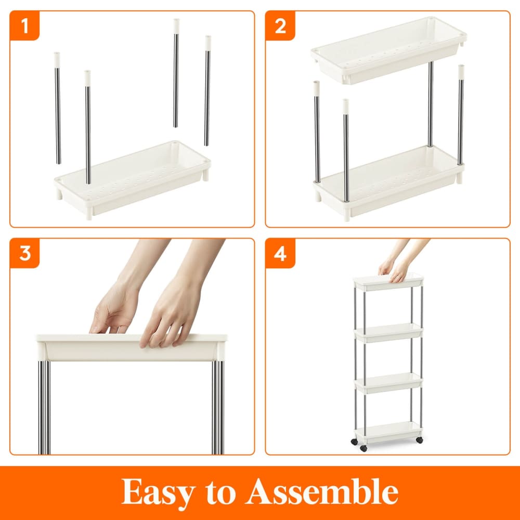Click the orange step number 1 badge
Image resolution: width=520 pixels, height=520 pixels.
pyautogui.click(x=24, y=25)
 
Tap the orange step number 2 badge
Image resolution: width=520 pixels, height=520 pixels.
pyautogui.click(x=280, y=25)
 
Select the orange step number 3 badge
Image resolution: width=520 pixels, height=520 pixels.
pyautogui.click(x=24, y=253)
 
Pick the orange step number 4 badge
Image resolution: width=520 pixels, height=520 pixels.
pyautogui.click(x=280, y=253)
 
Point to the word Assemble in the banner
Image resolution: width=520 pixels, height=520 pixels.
pyautogui.click(x=322, y=491)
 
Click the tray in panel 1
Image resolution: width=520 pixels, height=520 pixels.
pyautogui.click(x=133, y=179)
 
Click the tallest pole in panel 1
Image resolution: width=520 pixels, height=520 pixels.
pyautogui.click(x=176, y=73)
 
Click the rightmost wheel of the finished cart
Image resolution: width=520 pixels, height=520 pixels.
pyautogui.click(x=419, y=440)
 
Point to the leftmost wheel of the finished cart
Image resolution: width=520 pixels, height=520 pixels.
pyautogui.click(x=354, y=442)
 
